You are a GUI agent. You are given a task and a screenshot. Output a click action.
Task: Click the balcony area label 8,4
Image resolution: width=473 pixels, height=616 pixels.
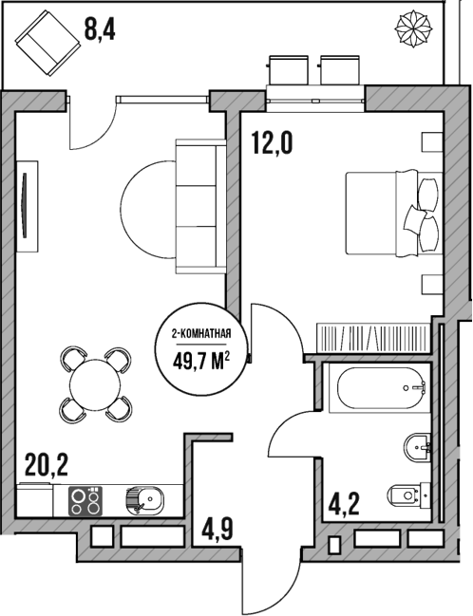[101, 29]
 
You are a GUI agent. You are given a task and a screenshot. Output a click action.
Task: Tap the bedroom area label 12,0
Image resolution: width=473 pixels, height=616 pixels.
[271, 143]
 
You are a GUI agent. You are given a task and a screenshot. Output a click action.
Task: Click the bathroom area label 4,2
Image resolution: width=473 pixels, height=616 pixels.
[343, 501]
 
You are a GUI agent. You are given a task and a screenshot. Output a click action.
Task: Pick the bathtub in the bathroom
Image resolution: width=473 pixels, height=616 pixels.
[379, 387]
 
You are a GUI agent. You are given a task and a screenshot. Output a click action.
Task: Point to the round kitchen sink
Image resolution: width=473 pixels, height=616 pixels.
[143, 498]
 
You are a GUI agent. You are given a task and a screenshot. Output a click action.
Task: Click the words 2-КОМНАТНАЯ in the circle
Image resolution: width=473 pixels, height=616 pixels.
[201, 334]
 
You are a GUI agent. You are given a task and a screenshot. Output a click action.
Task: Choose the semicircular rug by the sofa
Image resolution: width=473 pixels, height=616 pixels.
[147, 205]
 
